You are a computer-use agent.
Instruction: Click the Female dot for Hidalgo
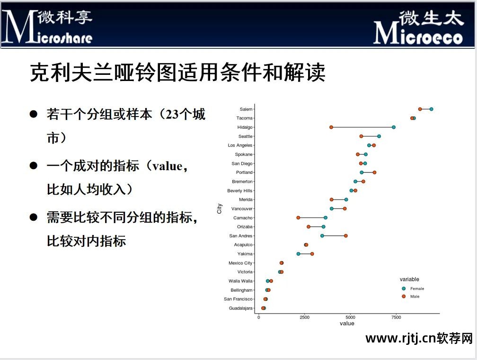[x=394, y=127]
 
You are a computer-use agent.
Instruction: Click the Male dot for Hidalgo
[x=331, y=127]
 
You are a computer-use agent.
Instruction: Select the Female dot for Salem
[x=432, y=109]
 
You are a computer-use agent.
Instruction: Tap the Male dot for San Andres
[x=346, y=235]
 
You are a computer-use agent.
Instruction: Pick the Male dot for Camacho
[x=298, y=217]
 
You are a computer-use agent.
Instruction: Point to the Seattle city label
[x=245, y=136]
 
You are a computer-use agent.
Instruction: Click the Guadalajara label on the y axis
[x=240, y=308]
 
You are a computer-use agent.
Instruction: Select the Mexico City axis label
[x=240, y=263]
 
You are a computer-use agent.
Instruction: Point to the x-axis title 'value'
[x=347, y=324]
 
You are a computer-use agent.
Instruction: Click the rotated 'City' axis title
[x=220, y=208]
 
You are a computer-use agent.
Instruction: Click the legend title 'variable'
[x=409, y=279]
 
